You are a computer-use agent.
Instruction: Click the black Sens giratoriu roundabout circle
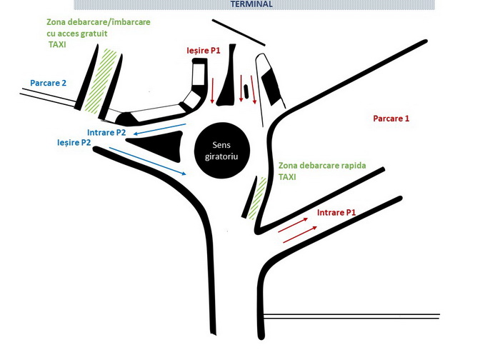222,150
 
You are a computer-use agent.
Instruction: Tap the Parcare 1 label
391,119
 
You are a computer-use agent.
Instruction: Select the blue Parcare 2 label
48,83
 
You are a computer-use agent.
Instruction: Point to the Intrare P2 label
106,133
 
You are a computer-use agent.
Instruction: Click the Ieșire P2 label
74,143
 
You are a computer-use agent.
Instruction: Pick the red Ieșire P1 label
204,51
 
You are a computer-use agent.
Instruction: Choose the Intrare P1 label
336,212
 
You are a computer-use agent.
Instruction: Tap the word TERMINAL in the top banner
251,4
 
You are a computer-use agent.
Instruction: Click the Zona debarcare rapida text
322,166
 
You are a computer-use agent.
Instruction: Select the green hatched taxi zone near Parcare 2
101,81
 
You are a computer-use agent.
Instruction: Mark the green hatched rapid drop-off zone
257,198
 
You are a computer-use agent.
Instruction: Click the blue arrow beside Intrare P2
160,129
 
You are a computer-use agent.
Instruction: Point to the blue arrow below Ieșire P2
148,161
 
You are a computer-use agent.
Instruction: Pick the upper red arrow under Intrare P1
293,225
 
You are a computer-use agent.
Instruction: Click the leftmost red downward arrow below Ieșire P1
212,91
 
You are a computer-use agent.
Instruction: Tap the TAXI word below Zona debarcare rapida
287,177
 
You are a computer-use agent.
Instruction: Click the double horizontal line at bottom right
351,316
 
